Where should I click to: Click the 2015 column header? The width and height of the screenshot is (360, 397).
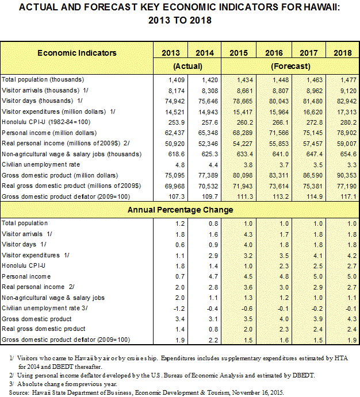(x=239, y=53)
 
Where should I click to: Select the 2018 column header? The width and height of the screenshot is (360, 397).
(x=343, y=53)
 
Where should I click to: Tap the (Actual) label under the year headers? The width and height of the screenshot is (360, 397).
(x=187, y=66)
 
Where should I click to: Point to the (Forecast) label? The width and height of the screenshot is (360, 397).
(x=290, y=66)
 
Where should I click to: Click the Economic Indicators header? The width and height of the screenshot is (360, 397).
(x=77, y=53)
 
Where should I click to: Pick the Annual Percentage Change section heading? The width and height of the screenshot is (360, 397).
(x=181, y=210)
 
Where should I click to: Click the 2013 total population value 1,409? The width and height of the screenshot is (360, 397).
(x=177, y=80)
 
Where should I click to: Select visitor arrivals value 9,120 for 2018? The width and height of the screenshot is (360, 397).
(x=348, y=91)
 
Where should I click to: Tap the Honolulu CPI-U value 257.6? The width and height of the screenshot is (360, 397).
(x=210, y=122)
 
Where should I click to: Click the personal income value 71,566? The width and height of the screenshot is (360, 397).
(x=279, y=133)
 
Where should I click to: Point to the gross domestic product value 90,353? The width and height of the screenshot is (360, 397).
(x=347, y=175)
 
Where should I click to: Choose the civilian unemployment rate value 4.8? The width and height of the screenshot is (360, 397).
(x=180, y=165)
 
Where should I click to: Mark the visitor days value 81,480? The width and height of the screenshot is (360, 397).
(x=313, y=101)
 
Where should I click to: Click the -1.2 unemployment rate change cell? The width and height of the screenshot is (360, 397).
(x=179, y=309)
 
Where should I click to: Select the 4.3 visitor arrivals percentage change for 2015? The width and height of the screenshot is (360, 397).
(x=248, y=234)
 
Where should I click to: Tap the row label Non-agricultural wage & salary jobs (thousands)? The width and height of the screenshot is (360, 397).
(x=71, y=154)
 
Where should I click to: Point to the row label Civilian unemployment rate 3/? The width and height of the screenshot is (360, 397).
(x=45, y=308)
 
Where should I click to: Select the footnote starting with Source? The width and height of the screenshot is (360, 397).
(x=147, y=393)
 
